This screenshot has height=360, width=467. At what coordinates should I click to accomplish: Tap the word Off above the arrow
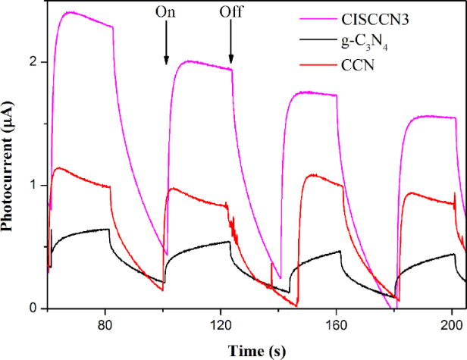(x=231, y=12)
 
